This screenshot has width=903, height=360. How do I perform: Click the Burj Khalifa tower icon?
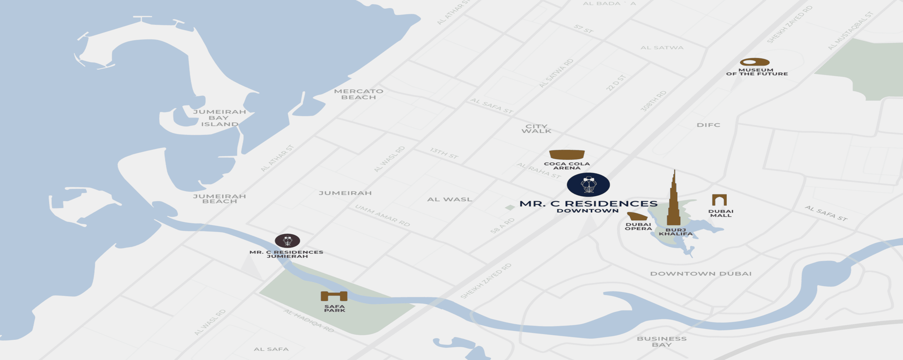pos(673,203)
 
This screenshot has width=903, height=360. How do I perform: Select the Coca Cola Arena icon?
pos(567,155)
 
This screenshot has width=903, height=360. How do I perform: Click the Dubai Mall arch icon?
pos(719,200)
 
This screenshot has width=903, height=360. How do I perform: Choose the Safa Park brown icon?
pos(334,296)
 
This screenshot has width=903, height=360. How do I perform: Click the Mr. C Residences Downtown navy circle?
pos(588,185)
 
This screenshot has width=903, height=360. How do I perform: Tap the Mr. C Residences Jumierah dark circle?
pos(287,241)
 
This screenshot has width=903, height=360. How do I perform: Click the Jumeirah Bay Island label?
pos(219,118)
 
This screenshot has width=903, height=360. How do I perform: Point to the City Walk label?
pos(536,129)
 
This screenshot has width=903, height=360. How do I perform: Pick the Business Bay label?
pos(662,341)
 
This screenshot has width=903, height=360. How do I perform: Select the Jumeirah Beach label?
pos(219,199)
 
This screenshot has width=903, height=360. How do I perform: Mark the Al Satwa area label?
pos(662,48)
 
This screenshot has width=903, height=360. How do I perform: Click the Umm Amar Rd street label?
pos(382,215)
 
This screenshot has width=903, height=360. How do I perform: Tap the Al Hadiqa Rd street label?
pos(309,320)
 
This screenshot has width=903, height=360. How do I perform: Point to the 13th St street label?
pos(444,153)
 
